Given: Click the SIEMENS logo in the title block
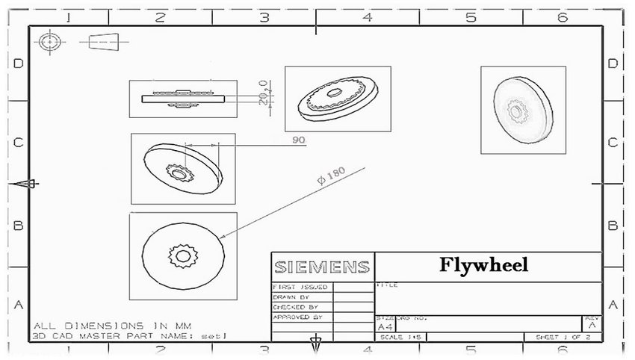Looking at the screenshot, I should point(321,267).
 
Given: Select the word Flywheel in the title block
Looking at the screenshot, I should point(483,265).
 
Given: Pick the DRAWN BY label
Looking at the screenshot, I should point(291,297).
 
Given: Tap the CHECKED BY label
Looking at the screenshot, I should point(295,307).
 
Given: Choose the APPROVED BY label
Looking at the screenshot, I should point(297,317).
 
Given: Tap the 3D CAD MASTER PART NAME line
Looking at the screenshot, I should point(120,336).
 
